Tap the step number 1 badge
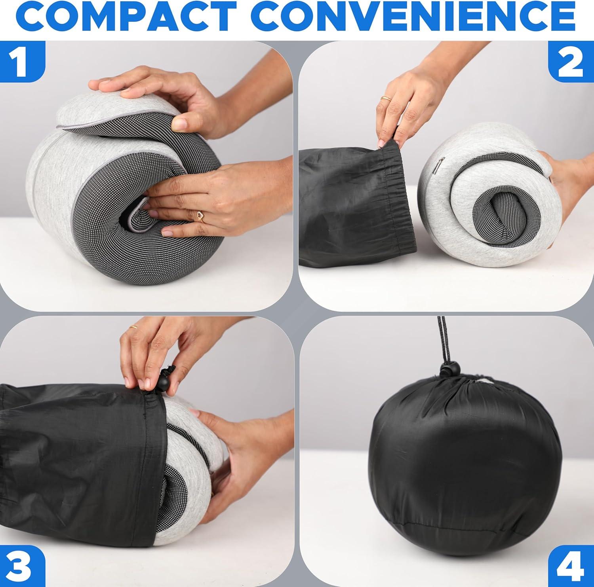(22, 61)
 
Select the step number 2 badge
(571, 61)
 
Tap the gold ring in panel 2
(385, 98)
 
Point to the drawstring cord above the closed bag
(442, 340)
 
